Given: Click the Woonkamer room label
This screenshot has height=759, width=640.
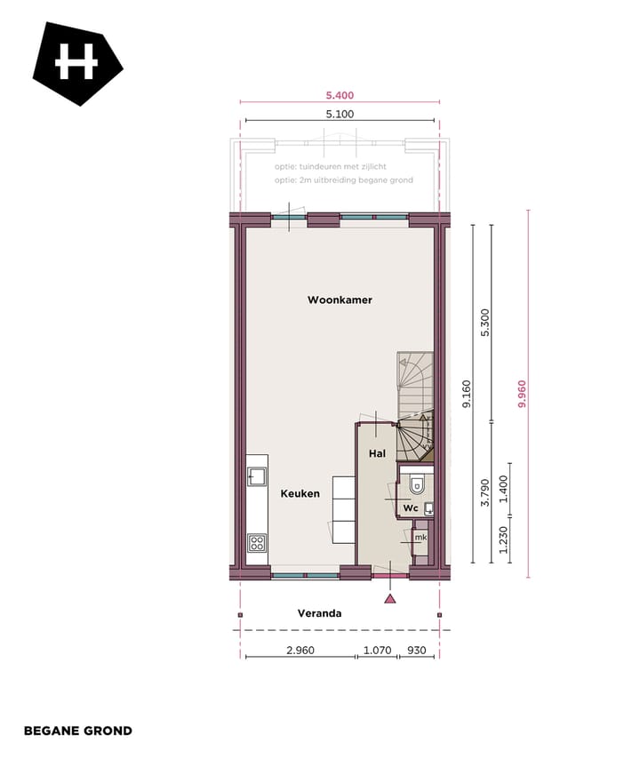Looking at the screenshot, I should [340, 300].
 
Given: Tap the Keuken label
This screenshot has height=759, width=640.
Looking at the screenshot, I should [300, 493].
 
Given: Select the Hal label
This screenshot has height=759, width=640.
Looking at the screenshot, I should [376, 454].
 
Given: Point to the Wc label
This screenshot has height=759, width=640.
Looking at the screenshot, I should [410, 508].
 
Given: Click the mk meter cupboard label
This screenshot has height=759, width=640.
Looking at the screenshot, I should [420, 538].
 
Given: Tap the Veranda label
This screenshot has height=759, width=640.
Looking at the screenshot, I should [319, 613].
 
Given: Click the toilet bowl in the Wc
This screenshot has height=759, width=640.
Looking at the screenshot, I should [417, 484].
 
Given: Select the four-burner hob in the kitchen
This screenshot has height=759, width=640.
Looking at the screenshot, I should [257, 541].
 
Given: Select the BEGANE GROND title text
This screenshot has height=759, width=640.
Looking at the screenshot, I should [78, 731].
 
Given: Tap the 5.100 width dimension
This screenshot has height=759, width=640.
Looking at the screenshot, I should [340, 114].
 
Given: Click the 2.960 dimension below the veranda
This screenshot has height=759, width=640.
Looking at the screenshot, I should [300, 651].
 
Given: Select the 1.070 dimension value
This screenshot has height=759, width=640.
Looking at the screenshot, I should [378, 651].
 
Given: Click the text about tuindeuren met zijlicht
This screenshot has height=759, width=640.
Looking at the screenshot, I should [330, 166].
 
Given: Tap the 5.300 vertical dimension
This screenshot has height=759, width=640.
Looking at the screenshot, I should [485, 323].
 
